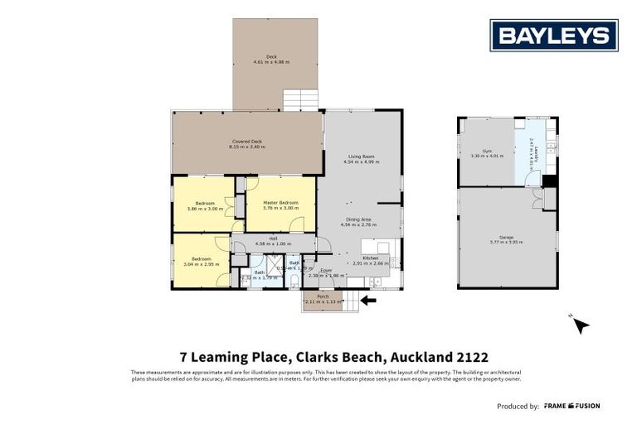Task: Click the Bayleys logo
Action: click(554, 36)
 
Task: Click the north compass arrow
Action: click(581, 325)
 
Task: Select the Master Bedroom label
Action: click(280, 202)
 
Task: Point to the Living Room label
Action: click(361, 157)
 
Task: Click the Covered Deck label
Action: click(247, 142)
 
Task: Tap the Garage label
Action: click(505, 238)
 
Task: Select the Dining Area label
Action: click(361, 219)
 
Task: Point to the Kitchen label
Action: click(370, 258)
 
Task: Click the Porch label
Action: click(323, 296)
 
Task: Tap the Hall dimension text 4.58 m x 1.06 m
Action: click(272, 243)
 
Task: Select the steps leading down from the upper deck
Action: click(299, 100)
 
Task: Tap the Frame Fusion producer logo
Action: click(571, 406)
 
